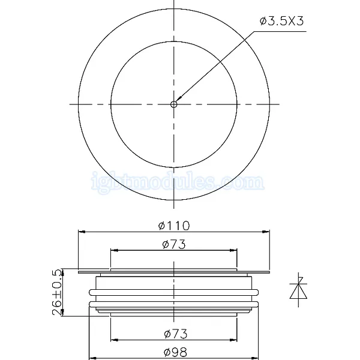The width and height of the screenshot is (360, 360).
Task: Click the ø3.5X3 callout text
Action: [x=282, y=21]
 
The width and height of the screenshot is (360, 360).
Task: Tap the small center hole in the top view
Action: [x=174, y=104]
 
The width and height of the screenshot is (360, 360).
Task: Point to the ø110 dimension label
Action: [x=174, y=226]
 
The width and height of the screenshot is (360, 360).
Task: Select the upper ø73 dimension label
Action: [x=174, y=244]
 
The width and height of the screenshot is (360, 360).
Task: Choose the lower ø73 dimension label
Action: [x=176, y=334]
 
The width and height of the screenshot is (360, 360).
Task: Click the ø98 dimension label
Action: [x=176, y=352]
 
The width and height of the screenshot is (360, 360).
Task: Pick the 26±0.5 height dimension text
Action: [x=57, y=292]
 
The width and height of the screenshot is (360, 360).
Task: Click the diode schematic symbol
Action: [x=298, y=290]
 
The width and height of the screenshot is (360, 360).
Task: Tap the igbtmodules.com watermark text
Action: [x=178, y=182]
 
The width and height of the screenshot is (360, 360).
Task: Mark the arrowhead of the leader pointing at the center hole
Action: [x=179, y=99]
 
